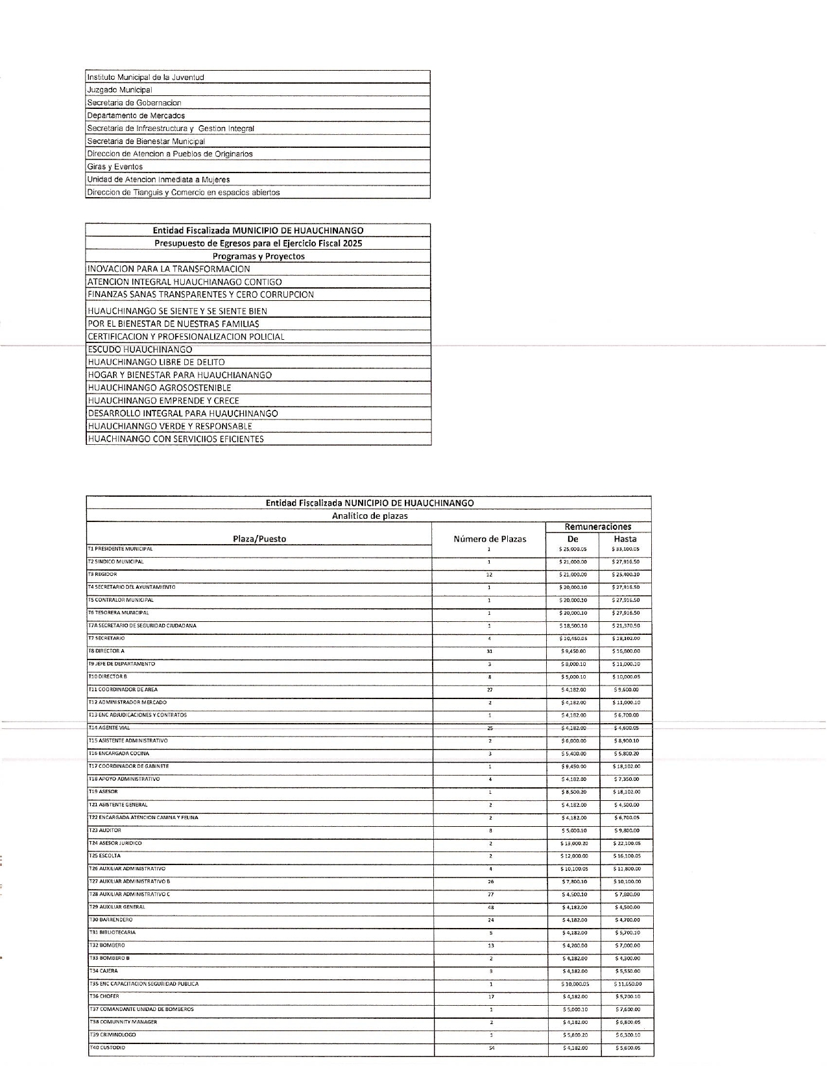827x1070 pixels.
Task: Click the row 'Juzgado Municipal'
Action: pyautogui.click(x=120, y=90)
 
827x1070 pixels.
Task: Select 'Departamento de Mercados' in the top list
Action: pyautogui.click(x=136, y=115)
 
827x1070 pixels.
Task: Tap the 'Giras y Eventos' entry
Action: pyautogui.click(x=115, y=167)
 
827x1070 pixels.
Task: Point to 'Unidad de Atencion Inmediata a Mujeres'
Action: pyautogui.click(x=159, y=180)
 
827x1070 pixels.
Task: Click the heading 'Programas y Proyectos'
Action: pyautogui.click(x=258, y=256)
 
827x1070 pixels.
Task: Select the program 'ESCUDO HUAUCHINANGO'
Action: pyautogui.click(x=140, y=350)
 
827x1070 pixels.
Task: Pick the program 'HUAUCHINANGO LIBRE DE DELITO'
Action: pyautogui.click(x=156, y=362)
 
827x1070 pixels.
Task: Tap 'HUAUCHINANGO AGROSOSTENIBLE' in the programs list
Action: pyautogui.click(x=160, y=388)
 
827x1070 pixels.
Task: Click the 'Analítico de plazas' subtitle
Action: pyautogui.click(x=369, y=516)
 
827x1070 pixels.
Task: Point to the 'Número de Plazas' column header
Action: pyautogui.click(x=490, y=539)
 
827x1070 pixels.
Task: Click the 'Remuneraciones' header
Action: pyautogui.click(x=598, y=527)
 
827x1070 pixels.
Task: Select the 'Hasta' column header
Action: pyautogui.click(x=625, y=539)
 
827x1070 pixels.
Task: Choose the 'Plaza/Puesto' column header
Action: pyautogui.click(x=259, y=539)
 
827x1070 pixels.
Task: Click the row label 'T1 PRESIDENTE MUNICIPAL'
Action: pyautogui.click(x=121, y=549)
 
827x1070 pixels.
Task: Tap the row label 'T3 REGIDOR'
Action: pyautogui.click(x=103, y=574)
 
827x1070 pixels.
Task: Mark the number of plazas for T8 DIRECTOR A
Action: pyautogui.click(x=490, y=651)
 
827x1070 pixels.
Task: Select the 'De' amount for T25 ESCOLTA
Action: pyautogui.click(x=573, y=856)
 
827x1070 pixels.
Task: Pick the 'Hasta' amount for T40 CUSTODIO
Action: pyautogui.click(x=627, y=1048)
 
